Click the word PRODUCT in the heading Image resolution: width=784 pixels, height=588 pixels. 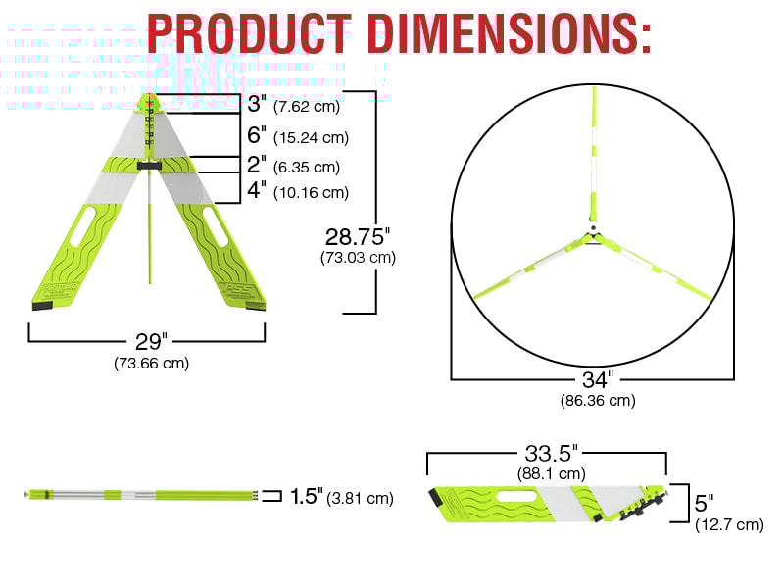click(x=248, y=34)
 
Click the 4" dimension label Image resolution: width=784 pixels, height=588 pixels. click(x=256, y=191)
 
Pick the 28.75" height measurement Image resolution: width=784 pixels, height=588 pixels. click(x=358, y=236)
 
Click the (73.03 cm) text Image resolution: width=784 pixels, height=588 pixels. click(x=358, y=258)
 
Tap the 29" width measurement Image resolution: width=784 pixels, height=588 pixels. click(x=151, y=342)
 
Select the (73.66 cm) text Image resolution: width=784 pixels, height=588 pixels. click(x=151, y=363)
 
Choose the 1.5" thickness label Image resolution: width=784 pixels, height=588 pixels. click(x=306, y=497)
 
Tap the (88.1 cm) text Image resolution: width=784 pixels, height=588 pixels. click(x=551, y=473)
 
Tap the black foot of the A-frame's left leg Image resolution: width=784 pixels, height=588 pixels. click(x=44, y=306)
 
